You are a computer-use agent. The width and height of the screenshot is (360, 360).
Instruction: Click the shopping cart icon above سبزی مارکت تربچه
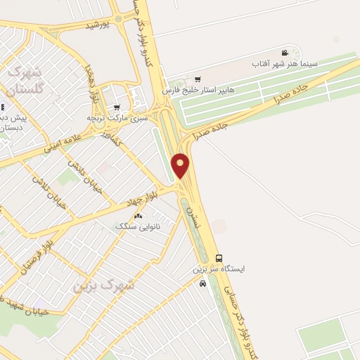point(116,107)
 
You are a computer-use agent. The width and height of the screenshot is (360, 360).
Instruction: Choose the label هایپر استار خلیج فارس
point(198,91)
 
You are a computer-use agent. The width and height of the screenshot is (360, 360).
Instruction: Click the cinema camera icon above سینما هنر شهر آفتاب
point(285,53)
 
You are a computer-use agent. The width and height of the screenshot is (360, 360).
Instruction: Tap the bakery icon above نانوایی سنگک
point(138,216)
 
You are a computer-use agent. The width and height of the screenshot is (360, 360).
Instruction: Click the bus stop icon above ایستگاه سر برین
point(219,258)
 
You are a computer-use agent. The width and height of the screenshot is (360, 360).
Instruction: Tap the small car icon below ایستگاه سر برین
point(202,283)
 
